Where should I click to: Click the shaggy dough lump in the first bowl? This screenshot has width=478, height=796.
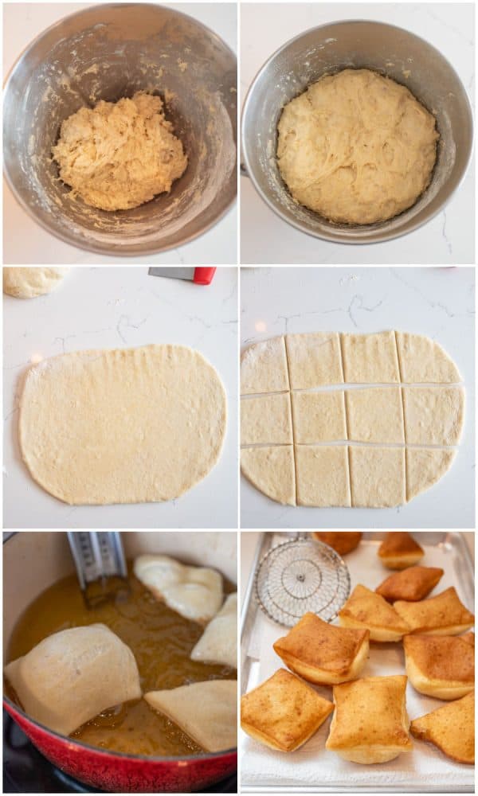[119, 151]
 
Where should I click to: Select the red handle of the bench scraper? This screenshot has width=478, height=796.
[204, 275]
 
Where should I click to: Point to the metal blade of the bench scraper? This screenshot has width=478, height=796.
[170, 273]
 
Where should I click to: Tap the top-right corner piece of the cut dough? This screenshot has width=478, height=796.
[427, 359]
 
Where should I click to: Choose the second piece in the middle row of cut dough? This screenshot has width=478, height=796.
[319, 416]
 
